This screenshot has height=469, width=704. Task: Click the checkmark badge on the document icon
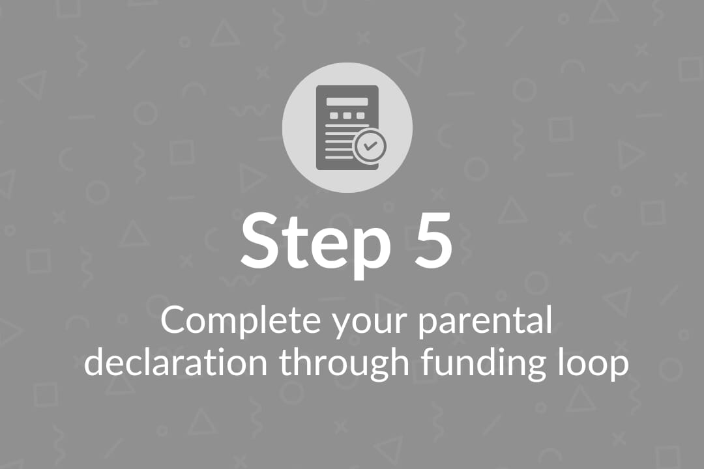[x=370, y=146]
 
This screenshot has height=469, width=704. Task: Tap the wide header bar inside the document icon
[x=347, y=102]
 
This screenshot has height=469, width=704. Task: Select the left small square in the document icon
[x=334, y=116]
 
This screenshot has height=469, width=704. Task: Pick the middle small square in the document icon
[x=347, y=116]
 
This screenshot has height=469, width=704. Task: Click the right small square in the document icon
[x=360, y=116]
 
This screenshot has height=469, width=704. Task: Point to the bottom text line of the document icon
[x=339, y=157]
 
